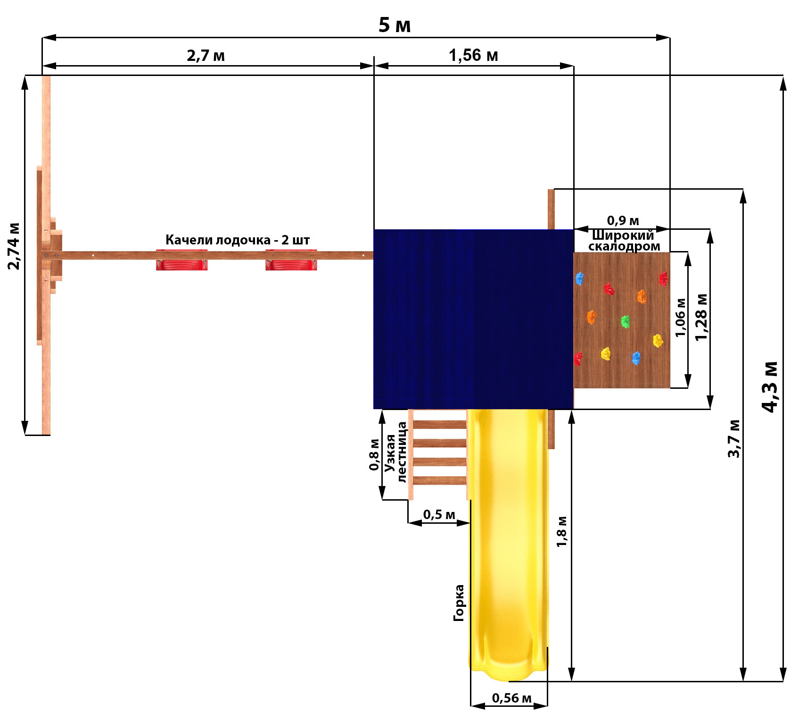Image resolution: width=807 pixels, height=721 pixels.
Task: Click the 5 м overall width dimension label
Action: click(x=395, y=25)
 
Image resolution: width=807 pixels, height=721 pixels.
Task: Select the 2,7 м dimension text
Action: click(x=206, y=56)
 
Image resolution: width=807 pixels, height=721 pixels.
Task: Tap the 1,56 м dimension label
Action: click(x=473, y=56)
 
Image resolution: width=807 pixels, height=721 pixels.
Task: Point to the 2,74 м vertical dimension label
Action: click(x=14, y=246)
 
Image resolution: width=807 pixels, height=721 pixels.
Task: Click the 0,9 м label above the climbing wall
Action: click(x=623, y=220)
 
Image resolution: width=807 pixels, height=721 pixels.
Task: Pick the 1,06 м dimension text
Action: click(x=680, y=317)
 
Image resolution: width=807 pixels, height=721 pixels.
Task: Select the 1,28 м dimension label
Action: click(x=701, y=317)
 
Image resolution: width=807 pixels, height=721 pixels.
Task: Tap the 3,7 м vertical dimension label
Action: click(x=734, y=438)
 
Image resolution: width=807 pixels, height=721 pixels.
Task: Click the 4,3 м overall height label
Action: click(x=770, y=387)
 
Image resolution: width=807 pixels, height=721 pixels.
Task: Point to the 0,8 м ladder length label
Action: click(x=374, y=454)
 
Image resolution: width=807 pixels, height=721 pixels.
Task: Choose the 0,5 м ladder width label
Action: click(x=439, y=514)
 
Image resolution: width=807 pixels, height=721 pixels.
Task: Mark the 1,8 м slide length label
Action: click(x=561, y=531)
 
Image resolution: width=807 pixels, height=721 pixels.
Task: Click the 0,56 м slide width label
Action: click(x=511, y=698)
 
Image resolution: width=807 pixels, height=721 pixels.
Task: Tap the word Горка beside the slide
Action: click(x=459, y=603)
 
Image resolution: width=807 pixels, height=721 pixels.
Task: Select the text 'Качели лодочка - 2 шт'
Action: click(x=238, y=240)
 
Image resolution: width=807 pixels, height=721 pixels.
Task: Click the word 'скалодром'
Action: click(x=624, y=246)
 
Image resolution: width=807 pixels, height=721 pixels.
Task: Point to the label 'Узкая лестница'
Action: click(x=395, y=452)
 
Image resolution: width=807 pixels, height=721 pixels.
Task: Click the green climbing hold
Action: click(x=625, y=322)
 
